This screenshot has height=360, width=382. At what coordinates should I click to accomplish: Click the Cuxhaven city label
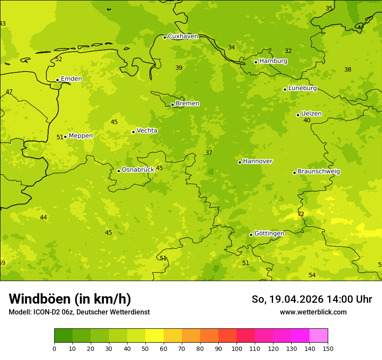point(183,36)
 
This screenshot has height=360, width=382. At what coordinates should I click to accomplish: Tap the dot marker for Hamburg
point(256,62)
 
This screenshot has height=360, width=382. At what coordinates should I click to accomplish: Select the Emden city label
point(71,79)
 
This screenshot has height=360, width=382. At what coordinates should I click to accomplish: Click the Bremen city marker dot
point(172,105)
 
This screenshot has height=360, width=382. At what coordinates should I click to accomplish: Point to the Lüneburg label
point(303,88)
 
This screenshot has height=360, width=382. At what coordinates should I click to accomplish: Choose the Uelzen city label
point(311,114)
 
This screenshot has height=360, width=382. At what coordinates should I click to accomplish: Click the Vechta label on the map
point(147,131)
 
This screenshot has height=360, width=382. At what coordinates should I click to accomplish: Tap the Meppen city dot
point(66,137)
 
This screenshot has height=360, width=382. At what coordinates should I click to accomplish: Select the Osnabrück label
point(138,170)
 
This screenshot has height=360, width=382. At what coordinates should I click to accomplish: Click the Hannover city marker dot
point(240,162)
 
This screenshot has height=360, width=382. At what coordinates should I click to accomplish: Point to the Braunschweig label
point(319,172)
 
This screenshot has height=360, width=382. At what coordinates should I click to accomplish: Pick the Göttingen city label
point(269,233)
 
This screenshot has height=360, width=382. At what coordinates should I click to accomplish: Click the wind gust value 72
point(301,214)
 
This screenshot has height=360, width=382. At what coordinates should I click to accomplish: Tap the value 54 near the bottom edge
point(312,275)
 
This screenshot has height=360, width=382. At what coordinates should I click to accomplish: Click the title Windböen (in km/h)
point(70,299)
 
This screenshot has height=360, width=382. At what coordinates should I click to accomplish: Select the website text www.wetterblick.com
point(313,312)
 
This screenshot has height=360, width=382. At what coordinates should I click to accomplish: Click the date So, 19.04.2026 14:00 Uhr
point(312,299)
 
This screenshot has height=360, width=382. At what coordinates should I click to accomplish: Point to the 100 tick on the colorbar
point(237,348)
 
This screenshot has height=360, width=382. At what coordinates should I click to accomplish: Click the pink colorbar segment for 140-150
point(319,336)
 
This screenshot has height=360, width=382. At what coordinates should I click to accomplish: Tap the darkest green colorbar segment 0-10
point(63,336)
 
